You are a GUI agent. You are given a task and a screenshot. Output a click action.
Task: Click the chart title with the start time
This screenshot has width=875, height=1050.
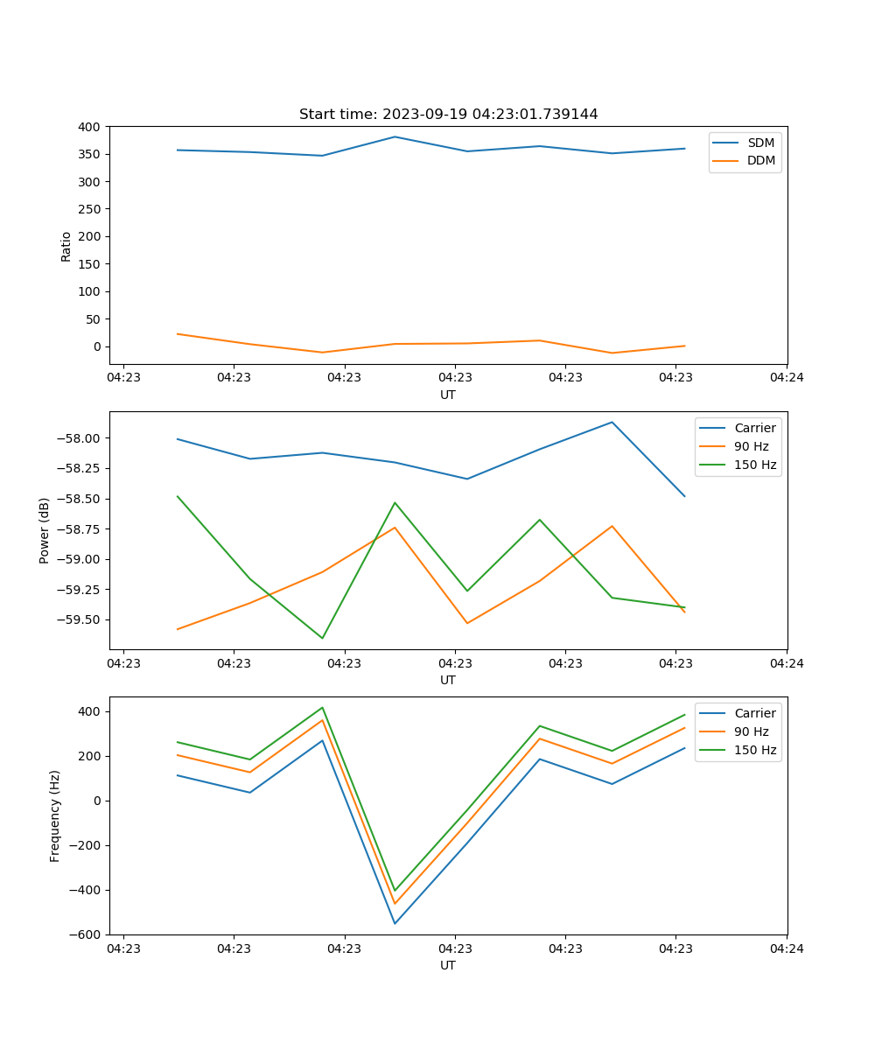(448, 115)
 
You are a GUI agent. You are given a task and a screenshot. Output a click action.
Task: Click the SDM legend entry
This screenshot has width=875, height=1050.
(760, 143)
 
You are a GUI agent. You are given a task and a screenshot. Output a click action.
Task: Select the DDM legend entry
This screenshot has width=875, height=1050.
(760, 161)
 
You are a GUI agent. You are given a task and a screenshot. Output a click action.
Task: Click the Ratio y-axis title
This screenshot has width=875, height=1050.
(66, 246)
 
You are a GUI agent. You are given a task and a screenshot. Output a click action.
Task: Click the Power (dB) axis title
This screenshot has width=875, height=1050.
(45, 530)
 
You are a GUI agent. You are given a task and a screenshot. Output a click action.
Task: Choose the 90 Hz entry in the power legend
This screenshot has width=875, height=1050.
(751, 446)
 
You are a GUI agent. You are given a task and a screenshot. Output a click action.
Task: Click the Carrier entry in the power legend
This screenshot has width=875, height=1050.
(754, 428)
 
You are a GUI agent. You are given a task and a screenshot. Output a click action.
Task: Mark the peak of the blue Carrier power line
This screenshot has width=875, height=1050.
(612, 423)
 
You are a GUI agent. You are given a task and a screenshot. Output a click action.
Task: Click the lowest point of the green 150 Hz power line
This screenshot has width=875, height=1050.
(322, 638)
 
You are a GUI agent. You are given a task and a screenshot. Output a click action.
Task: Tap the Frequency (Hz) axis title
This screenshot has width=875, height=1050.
(55, 815)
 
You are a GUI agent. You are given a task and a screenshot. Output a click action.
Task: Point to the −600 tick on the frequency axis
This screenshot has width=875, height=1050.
(87, 934)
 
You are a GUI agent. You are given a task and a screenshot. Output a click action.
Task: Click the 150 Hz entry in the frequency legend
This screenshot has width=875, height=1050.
(755, 750)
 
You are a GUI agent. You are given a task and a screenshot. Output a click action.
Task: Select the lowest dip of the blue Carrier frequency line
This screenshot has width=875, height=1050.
(395, 923)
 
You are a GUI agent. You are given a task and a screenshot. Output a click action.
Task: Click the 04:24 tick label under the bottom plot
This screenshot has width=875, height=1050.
(786, 948)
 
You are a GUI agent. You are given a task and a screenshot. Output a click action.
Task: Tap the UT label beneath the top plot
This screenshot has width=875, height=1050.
(448, 395)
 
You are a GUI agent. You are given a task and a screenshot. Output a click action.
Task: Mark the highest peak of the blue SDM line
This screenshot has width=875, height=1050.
(395, 136)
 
